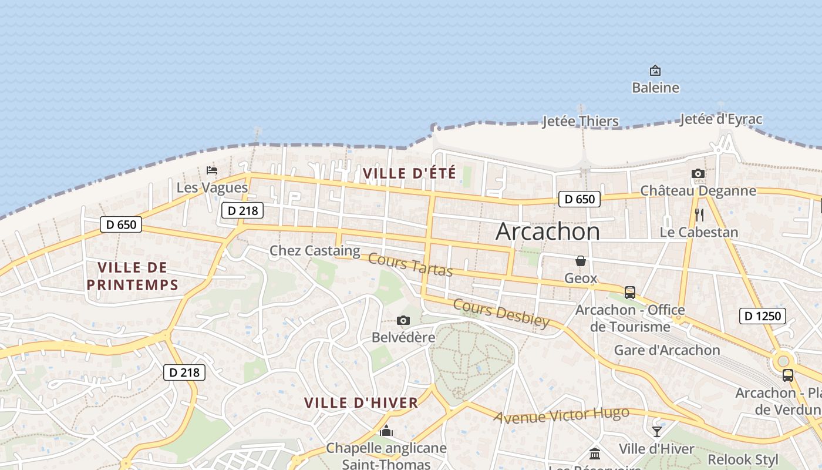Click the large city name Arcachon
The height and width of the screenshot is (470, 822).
coord(547,231)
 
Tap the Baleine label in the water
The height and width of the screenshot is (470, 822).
coord(655,88)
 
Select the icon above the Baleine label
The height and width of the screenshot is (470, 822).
coord(655,70)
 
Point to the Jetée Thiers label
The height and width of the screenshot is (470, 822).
coord(580,122)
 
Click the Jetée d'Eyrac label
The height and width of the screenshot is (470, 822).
coord(721,119)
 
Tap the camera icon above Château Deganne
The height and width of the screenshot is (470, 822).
coord(698,173)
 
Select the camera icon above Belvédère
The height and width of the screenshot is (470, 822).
coord(403,320)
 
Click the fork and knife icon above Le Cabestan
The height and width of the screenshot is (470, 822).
coord(699,214)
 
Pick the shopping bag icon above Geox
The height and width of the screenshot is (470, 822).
coord(581,261)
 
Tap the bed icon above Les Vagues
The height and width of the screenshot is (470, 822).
coord(212,170)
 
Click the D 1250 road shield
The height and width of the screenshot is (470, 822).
coord(763,316)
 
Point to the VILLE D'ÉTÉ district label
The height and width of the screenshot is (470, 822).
coord(409,173)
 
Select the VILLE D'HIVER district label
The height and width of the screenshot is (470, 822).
coord(361,403)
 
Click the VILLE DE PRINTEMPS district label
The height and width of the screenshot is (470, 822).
coord(132,276)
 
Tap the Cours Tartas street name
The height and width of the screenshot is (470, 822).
coord(410,265)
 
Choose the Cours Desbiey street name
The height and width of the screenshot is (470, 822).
coord(501,313)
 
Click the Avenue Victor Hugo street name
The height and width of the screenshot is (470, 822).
coord(561,415)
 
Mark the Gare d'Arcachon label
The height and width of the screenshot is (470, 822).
coord(666,350)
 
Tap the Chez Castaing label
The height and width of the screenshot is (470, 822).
coord(315,251)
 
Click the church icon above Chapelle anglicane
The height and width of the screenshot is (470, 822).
coord(386,431)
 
